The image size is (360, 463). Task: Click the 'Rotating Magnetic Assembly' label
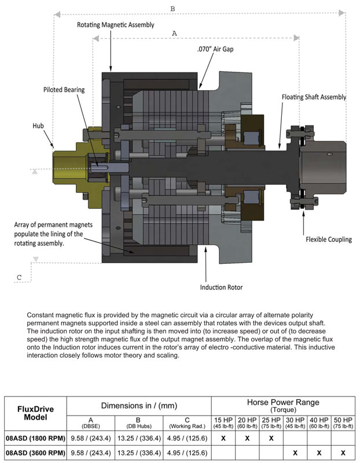click(x=116, y=25)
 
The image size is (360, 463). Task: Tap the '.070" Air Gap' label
click(x=215, y=49)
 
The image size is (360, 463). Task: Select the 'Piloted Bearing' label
click(x=64, y=90)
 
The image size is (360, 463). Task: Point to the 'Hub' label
click(x=38, y=126)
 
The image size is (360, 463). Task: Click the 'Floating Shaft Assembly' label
click(x=314, y=97)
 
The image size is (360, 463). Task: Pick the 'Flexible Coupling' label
click(x=329, y=239)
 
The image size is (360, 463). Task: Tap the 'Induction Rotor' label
click(x=221, y=287)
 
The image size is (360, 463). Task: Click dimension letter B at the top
click(x=172, y=9)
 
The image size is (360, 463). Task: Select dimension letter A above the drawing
click(x=174, y=34)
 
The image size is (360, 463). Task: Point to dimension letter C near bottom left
click(x=19, y=277)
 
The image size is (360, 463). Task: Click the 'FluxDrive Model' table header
click(x=35, y=413)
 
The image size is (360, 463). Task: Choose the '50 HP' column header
click(x=343, y=420)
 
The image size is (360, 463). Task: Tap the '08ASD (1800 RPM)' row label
click(x=35, y=438)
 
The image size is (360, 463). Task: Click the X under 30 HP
click(x=295, y=453)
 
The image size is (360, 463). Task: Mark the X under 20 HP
click(x=247, y=439)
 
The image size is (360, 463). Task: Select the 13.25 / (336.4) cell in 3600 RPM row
click(x=139, y=453)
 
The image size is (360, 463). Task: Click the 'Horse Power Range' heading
click(x=283, y=402)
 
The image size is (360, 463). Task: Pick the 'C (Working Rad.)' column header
click(x=187, y=422)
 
